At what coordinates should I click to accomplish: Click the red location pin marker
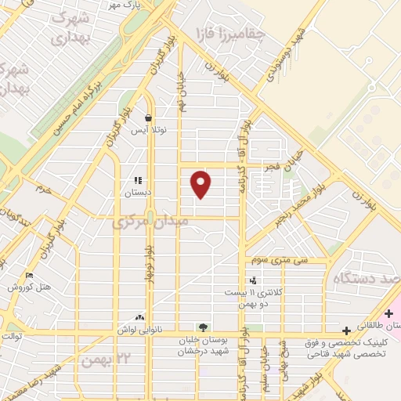tap(201, 184)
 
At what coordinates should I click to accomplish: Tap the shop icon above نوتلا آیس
tap(148, 118)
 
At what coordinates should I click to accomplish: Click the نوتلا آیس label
tap(148, 130)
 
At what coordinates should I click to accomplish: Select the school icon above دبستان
tap(138, 180)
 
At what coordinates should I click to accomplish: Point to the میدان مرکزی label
tap(162, 222)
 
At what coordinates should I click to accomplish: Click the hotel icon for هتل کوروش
tap(30, 276)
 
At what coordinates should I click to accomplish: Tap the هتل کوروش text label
tap(30, 287)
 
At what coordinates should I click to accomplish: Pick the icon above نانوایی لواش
tap(139, 318)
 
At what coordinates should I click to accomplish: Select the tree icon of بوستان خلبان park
tap(203, 327)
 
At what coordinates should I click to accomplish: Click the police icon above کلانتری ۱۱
tap(252, 280)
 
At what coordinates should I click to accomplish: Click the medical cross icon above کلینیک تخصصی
tap(345, 331)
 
